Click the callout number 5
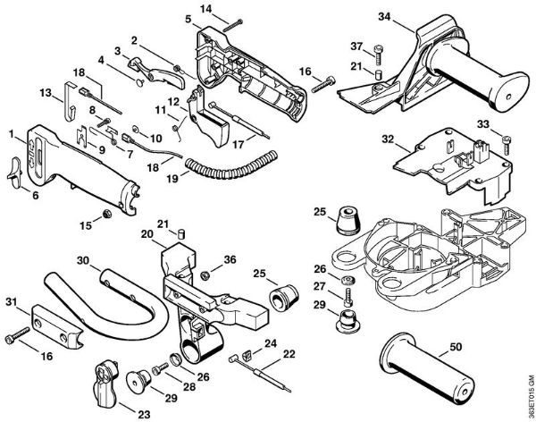click(x=188, y=19)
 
